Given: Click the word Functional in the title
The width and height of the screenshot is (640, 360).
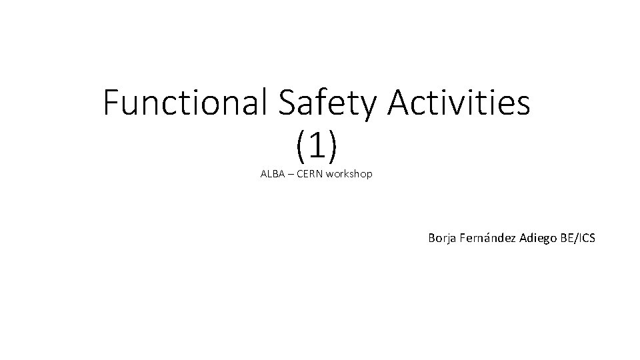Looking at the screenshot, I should pyautogui.click(x=183, y=104).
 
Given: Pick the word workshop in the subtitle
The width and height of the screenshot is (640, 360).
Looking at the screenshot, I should pyautogui.click(x=349, y=175).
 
